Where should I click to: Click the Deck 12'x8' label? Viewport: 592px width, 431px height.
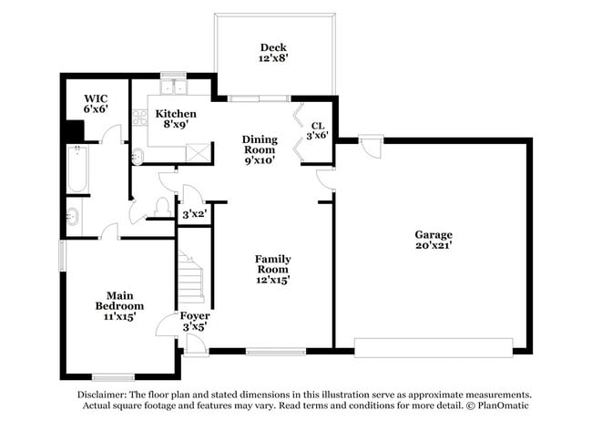coord(273,53)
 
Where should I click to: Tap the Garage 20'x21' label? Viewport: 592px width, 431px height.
coord(434,240)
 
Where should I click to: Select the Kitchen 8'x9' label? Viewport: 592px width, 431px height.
coord(176,119)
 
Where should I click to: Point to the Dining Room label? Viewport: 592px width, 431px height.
coord(260,145)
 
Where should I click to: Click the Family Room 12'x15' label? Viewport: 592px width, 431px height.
coord(273,270)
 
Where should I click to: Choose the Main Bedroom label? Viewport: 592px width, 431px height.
coord(119,301)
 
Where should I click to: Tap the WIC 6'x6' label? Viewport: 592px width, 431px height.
coord(96,104)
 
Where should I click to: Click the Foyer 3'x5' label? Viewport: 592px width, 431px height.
coord(195,322)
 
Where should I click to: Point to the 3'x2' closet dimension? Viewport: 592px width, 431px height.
coord(194,214)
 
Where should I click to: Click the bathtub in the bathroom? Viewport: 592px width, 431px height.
coord(77,169)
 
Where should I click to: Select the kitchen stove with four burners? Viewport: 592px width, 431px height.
coord(139,118)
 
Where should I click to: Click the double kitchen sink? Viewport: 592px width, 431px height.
coord(173,87)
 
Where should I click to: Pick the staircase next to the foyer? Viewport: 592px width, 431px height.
coord(191,277)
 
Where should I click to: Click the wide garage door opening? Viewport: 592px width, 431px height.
coord(434,348)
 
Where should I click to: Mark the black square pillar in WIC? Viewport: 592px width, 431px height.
coord(75,131)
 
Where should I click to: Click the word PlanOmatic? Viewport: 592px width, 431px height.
coord(503,405)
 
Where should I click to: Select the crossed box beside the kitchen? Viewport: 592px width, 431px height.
coord(198,152)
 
